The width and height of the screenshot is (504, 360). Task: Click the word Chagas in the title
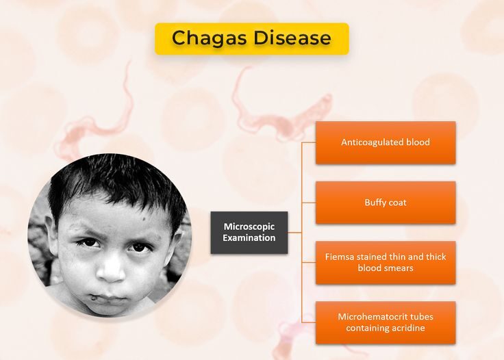pos(209,38)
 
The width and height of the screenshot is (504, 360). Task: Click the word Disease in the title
pos(292,38)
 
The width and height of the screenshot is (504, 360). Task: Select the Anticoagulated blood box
pos(386,142)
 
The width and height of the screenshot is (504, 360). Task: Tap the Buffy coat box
pos(386,203)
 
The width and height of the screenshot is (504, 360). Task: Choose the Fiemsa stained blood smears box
pos(386,263)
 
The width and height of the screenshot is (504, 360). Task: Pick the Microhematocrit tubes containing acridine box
pos(386,322)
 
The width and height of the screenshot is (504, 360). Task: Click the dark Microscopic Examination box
pos(249,233)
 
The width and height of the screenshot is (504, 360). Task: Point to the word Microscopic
pos(249,227)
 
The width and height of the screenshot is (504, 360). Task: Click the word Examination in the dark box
pos(249,238)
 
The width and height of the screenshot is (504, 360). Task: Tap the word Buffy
pos(374,203)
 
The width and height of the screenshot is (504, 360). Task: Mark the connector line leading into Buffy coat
pos(309,203)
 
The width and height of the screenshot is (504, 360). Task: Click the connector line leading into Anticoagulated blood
pos(309,142)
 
